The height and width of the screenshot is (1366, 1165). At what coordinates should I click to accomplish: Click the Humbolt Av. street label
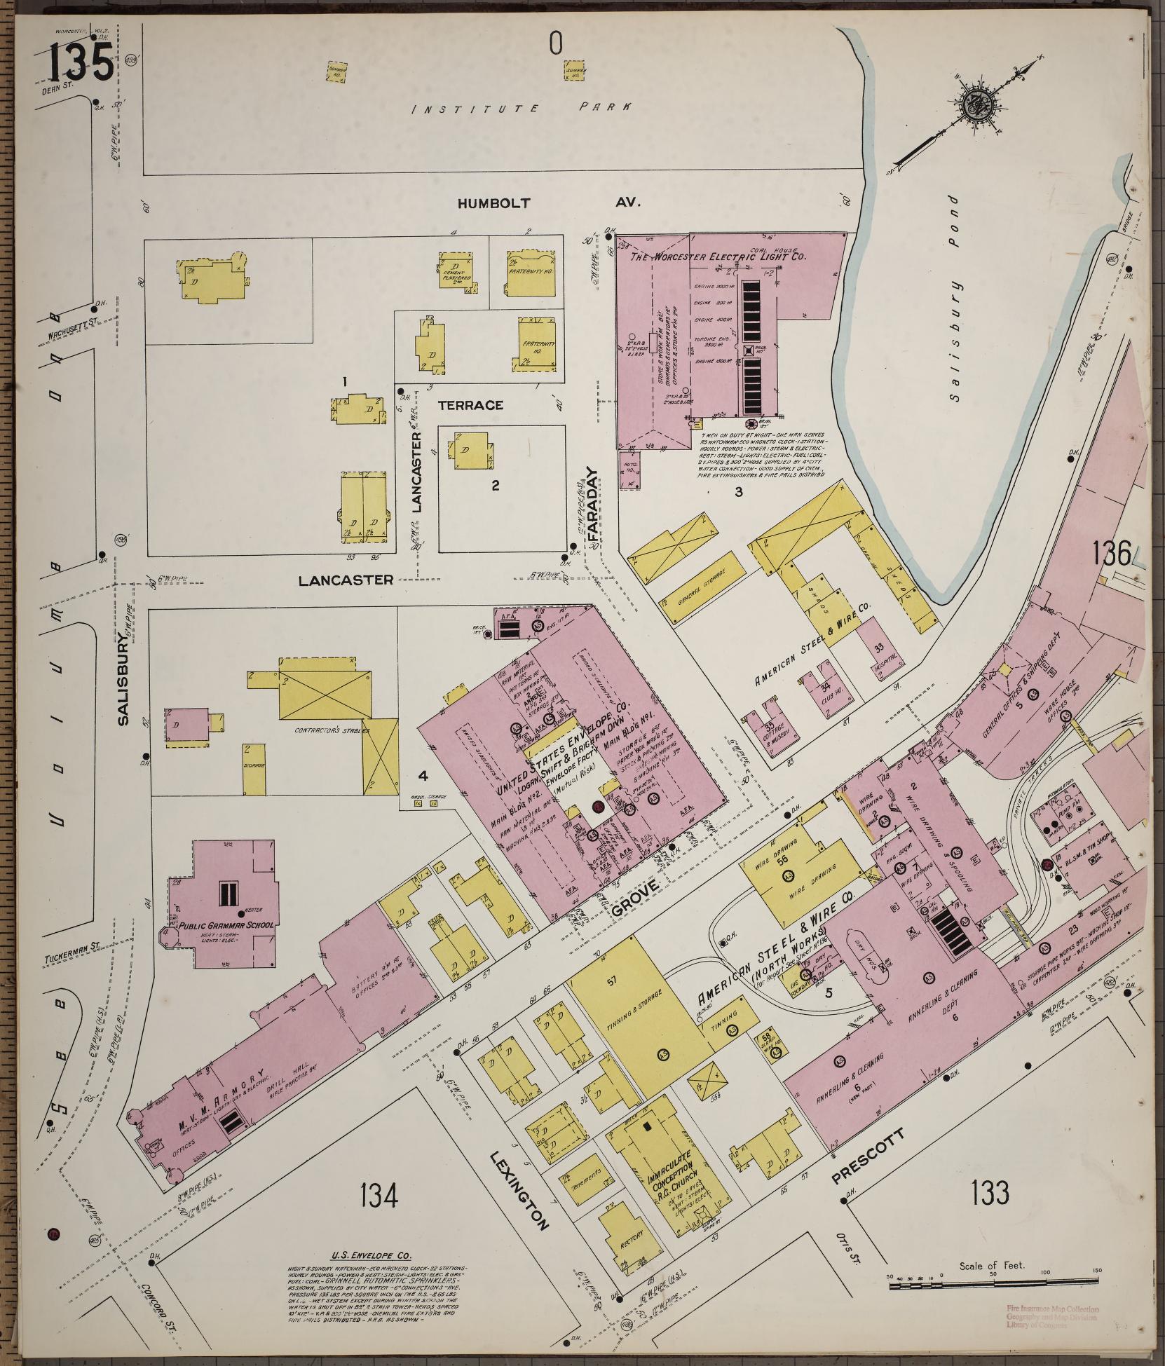[550, 203]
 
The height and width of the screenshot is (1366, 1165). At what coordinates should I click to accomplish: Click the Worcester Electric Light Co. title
[718, 257]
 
